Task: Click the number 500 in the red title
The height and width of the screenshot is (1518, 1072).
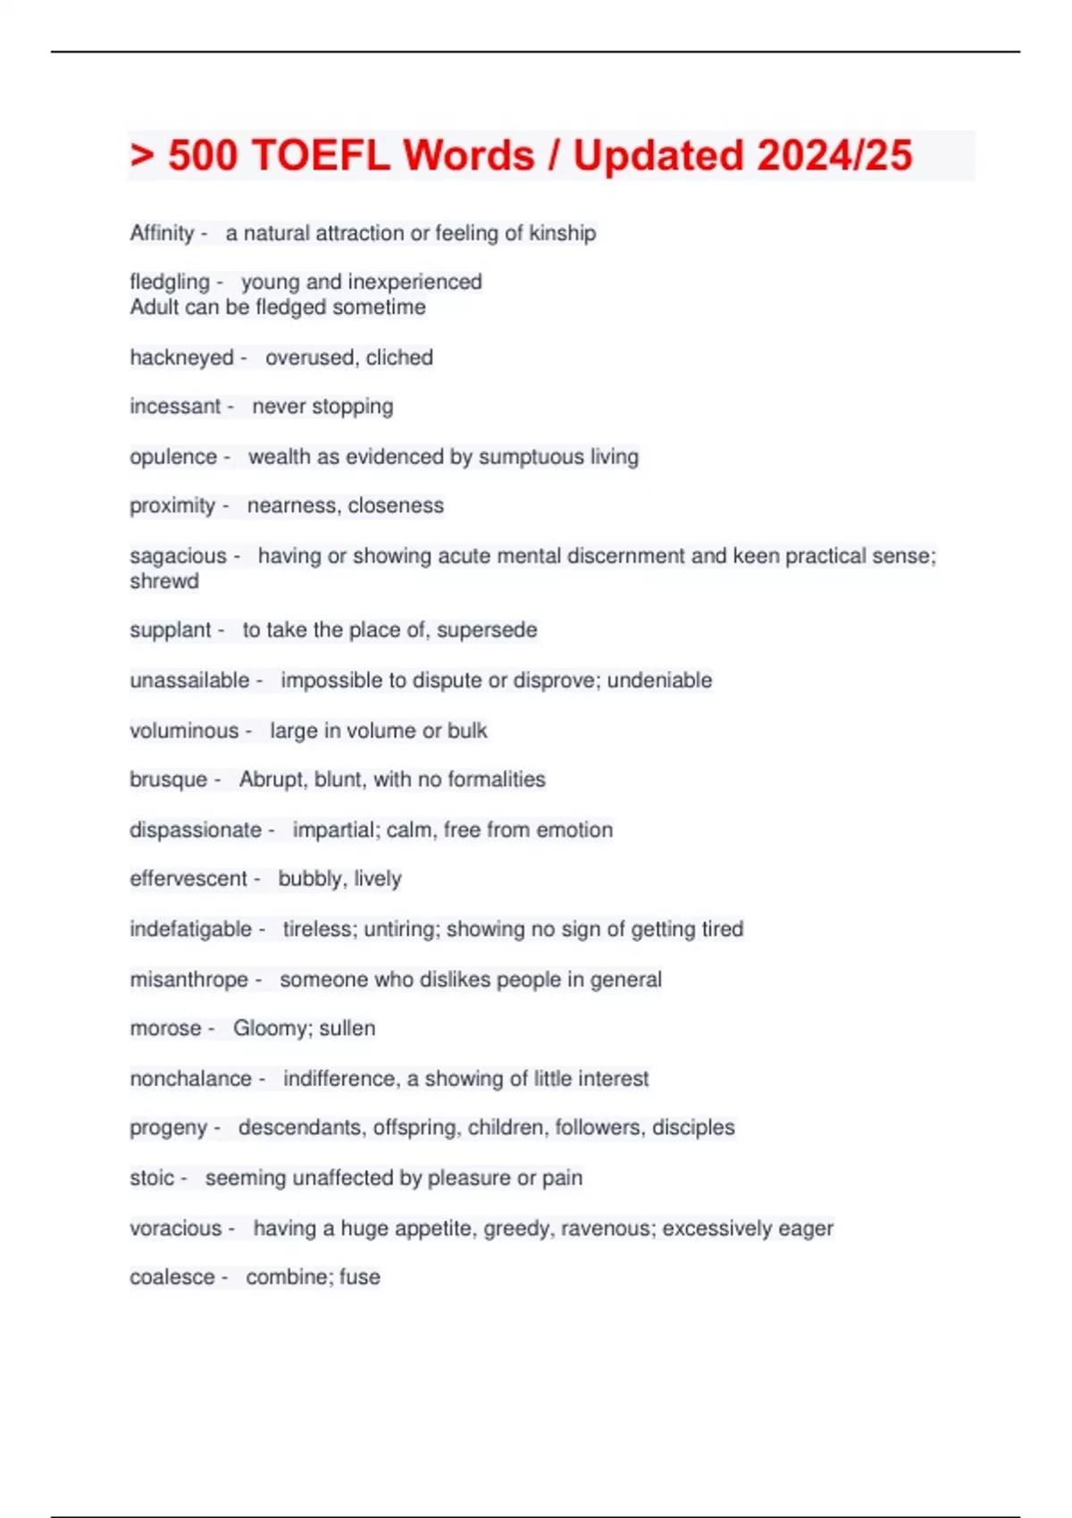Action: pos(203,155)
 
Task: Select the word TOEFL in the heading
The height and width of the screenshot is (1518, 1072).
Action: pos(321,155)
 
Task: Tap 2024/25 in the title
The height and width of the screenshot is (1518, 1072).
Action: pos(832,155)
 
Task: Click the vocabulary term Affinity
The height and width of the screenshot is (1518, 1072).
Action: pos(162,233)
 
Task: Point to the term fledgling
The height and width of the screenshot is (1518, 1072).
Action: pos(170,282)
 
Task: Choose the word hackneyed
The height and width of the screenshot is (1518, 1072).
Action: pos(181,357)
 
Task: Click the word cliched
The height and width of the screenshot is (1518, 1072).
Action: pos(399,357)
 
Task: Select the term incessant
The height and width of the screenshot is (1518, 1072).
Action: pos(175,406)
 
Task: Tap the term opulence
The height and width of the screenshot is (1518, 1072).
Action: pos(173,456)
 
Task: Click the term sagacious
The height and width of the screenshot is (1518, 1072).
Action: pos(178,555)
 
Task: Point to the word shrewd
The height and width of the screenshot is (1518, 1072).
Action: pos(164,581)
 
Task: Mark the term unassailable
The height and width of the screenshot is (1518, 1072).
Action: pos(189,680)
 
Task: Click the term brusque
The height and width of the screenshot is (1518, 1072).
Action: pos(168,780)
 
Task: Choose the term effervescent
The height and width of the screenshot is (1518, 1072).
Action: pos(188,879)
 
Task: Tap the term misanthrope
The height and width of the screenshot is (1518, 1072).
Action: pos(188,980)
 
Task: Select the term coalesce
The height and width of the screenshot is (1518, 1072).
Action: pos(172,1277)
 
